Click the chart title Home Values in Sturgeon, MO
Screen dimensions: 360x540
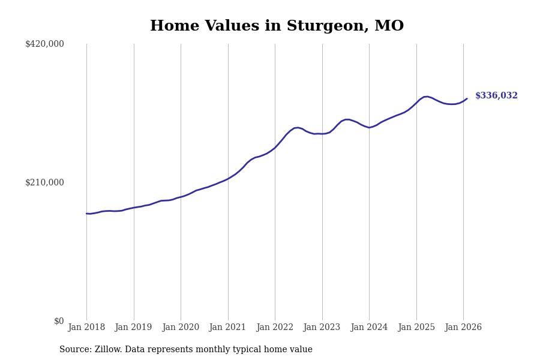[x=277, y=26]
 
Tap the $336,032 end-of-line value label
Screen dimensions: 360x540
[x=496, y=96]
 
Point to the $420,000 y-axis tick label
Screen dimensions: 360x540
[x=44, y=44]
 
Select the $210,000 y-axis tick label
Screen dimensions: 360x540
[x=44, y=182]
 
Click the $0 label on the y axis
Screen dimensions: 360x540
[x=59, y=321]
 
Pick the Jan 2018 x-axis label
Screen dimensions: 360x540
[x=86, y=328]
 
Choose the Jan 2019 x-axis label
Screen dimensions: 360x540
[x=134, y=328]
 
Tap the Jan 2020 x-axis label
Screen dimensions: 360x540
[x=181, y=328]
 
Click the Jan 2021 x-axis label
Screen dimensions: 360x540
[x=228, y=328]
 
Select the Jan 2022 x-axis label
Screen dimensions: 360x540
[x=275, y=328]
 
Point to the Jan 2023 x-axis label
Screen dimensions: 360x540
[x=322, y=328]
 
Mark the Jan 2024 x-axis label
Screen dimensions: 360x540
[x=369, y=328]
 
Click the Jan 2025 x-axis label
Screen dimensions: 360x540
[x=416, y=328]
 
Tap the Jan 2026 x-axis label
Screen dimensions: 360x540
[x=463, y=328]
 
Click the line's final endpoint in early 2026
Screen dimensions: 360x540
[x=467, y=98]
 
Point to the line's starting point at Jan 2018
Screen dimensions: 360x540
[x=86, y=214]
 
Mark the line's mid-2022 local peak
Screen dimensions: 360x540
[x=297, y=127]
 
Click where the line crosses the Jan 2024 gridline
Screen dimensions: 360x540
[x=369, y=127]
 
